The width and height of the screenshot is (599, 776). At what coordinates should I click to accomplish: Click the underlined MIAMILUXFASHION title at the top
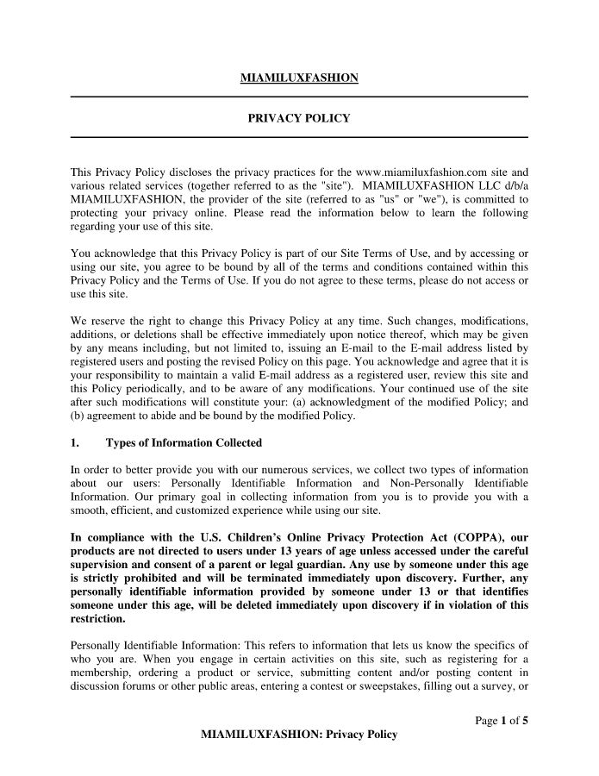pos(298,79)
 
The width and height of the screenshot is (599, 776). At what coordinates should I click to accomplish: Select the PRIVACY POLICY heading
pos(298,118)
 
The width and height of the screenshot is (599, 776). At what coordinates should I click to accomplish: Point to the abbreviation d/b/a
pos(510,185)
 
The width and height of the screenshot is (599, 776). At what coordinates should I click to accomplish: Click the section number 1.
pos(74,443)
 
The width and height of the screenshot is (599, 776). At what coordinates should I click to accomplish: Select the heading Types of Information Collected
pos(184,443)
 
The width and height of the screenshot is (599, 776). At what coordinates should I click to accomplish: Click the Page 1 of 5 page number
pos(502,721)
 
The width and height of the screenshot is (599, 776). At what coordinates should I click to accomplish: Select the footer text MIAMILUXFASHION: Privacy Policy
pos(298,735)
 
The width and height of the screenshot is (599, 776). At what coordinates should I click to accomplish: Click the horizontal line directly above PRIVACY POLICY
pos(298,97)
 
